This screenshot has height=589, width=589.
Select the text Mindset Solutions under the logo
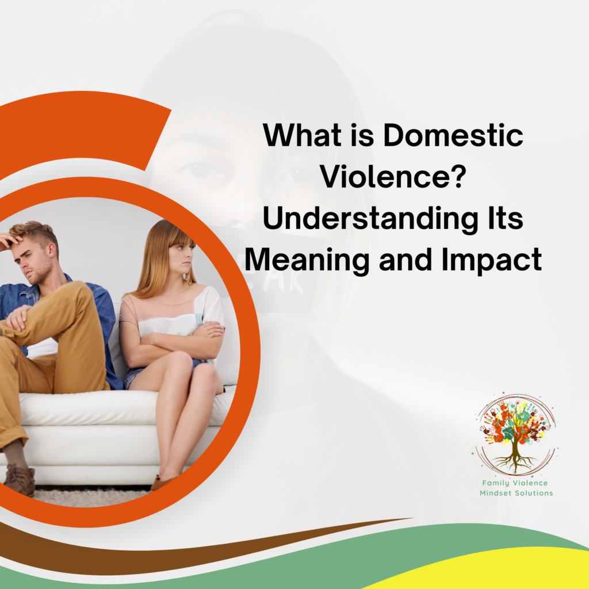point(516,494)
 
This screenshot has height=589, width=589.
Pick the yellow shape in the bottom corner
point(512,569)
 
